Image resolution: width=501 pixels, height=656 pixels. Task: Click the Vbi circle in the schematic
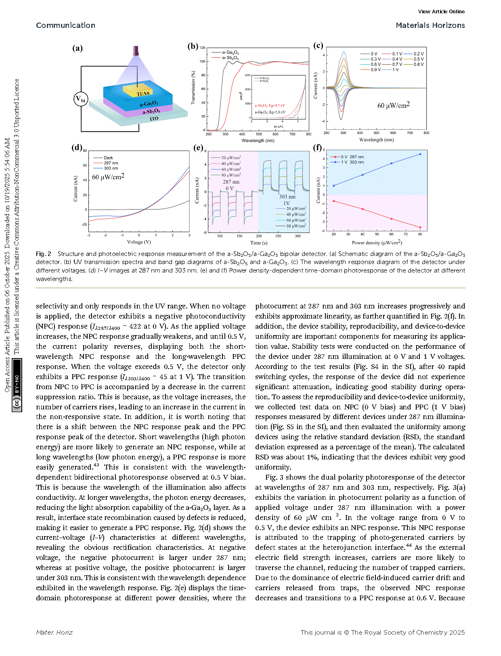[81, 99]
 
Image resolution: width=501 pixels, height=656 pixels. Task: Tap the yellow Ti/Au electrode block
[138, 91]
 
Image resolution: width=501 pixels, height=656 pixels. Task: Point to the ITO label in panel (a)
[154, 119]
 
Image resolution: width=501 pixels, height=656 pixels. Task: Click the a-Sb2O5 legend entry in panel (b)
[231, 58]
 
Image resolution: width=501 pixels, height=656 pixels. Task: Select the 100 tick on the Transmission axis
[202, 61]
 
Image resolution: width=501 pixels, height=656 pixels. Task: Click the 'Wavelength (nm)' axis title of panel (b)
[258, 140]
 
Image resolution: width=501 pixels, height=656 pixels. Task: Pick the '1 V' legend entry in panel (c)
[395, 70]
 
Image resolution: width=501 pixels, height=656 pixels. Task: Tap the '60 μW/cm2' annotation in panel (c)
[393, 105]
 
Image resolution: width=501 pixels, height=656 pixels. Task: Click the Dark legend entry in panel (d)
[108, 158]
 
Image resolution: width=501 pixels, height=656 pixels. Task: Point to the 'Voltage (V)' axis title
[139, 242]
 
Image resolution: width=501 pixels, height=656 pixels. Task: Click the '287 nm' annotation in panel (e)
[231, 182]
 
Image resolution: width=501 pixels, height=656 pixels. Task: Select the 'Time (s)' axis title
[259, 243]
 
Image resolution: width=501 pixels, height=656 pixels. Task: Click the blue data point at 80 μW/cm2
[420, 154]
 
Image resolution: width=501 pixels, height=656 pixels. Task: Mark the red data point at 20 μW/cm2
[334, 201]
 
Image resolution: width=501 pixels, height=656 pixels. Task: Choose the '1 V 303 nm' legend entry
[352, 162]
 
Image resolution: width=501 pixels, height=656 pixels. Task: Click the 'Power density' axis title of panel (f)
[377, 243]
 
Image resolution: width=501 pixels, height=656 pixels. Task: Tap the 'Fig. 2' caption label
[44, 254]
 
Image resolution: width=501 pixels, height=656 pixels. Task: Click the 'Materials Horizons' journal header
[430, 25]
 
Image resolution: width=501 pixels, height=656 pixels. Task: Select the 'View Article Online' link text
[441, 12]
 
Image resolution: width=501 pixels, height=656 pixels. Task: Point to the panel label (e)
[198, 148]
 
